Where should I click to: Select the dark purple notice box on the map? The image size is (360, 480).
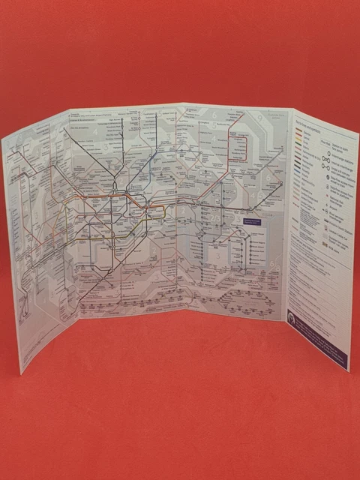click(x=256, y=223)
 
